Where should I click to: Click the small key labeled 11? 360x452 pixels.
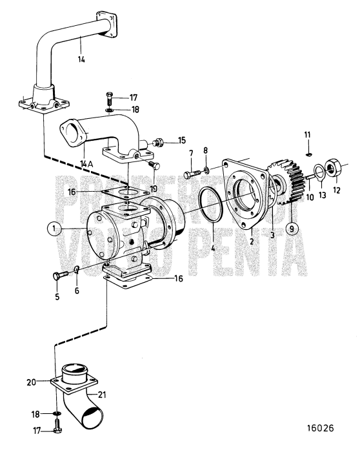pyautogui.click(x=308, y=155)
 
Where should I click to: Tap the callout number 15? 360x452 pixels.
pyautogui.click(x=181, y=140)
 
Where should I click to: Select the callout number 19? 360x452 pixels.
pyautogui.click(x=153, y=189)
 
